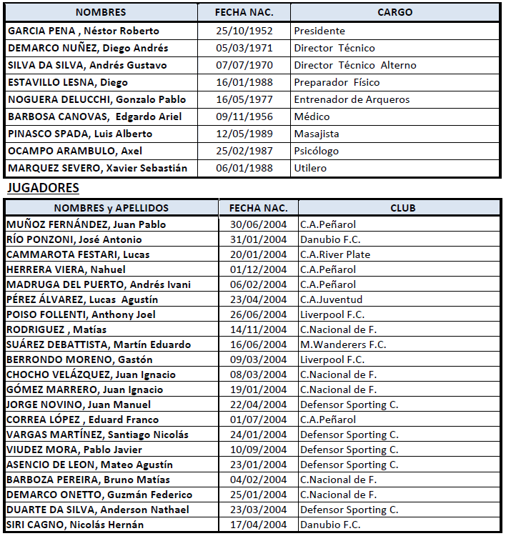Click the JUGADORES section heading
click(x=43, y=188)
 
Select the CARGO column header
click(x=395, y=12)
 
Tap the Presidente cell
click(x=319, y=31)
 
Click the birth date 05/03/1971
click(x=245, y=48)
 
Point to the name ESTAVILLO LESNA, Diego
click(x=68, y=82)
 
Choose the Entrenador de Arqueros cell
click(x=352, y=99)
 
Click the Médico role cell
click(x=312, y=116)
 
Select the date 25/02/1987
click(x=245, y=151)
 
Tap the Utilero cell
click(x=310, y=168)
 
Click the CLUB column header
click(x=402, y=208)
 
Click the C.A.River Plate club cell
click(x=335, y=254)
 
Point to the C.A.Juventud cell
click(x=331, y=299)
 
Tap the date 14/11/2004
click(x=259, y=329)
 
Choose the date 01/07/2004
click(x=259, y=420)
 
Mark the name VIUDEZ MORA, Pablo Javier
click(x=74, y=450)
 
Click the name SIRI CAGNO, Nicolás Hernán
click(x=75, y=525)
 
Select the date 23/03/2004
click(x=259, y=510)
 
